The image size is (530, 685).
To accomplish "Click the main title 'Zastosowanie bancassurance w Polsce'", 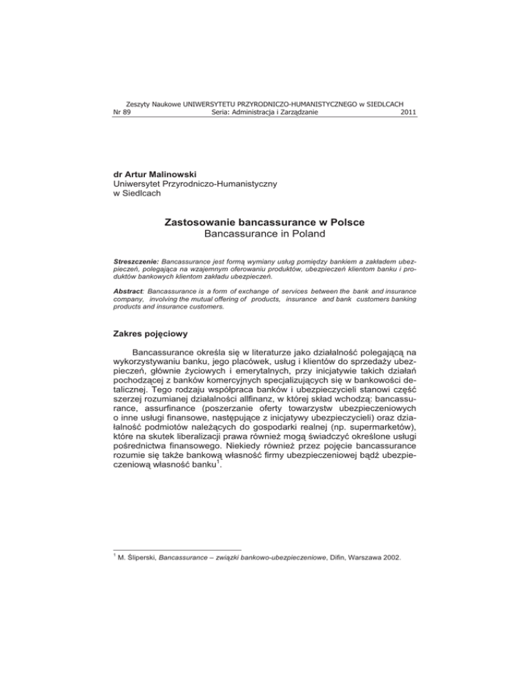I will pyautogui.click(x=264, y=223).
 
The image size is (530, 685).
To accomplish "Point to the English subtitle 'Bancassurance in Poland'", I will pyautogui.click(x=265, y=237).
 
